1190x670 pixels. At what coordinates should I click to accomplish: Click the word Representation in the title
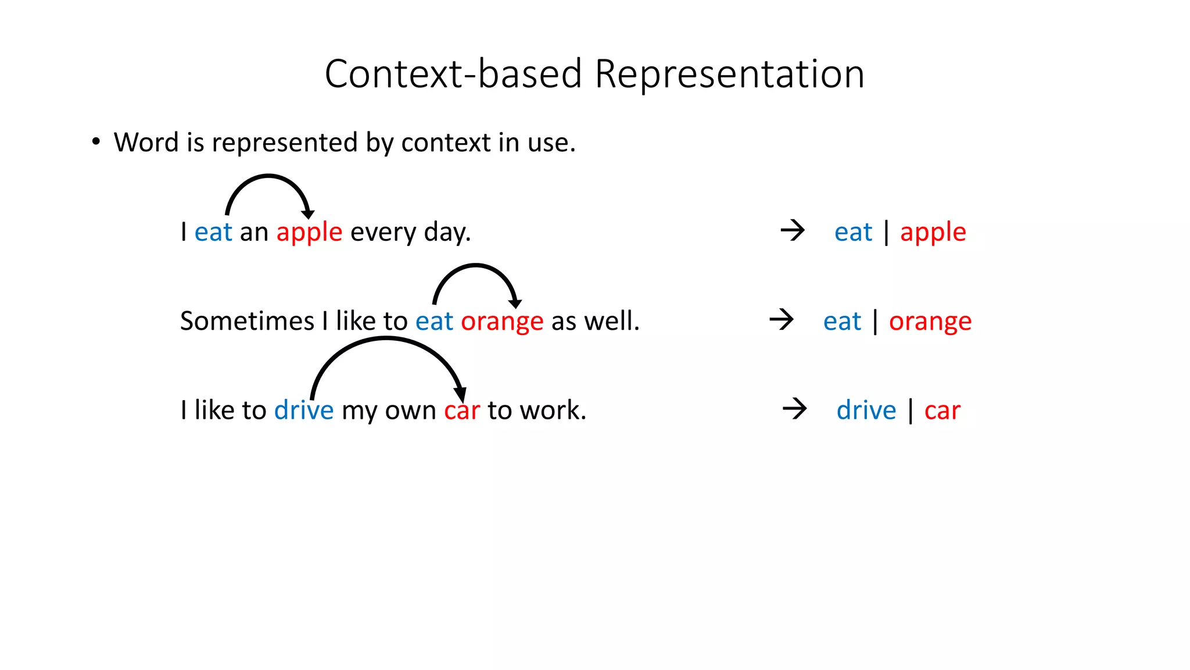tap(729, 74)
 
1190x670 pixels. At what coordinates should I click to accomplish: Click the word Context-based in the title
tap(453, 74)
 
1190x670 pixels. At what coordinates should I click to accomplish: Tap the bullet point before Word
tap(96, 142)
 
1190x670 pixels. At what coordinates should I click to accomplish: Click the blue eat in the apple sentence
tap(213, 233)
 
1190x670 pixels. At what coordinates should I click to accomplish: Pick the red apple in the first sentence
tap(309, 233)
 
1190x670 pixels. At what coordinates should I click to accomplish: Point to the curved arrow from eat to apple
tap(268, 177)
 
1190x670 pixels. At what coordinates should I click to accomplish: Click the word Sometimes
tap(247, 321)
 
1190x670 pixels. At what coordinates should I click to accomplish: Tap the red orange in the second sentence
tap(502, 322)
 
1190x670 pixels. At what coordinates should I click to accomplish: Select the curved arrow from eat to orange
tap(476, 266)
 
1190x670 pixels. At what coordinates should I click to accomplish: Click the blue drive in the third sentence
tap(304, 411)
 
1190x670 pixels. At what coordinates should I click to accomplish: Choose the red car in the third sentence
tap(462, 411)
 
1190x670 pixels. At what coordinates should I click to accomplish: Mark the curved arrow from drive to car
tap(386, 340)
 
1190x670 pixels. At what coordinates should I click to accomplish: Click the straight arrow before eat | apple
tap(793, 230)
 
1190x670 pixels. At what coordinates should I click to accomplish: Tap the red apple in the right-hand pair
tap(933, 233)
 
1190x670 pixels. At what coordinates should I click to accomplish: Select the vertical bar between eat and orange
tap(875, 322)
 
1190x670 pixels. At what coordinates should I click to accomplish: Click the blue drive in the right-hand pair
tap(866, 411)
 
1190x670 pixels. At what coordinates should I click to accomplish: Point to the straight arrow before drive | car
tap(795, 409)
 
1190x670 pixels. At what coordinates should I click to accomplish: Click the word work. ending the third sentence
tap(553, 411)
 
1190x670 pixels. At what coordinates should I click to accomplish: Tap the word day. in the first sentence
tap(447, 233)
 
